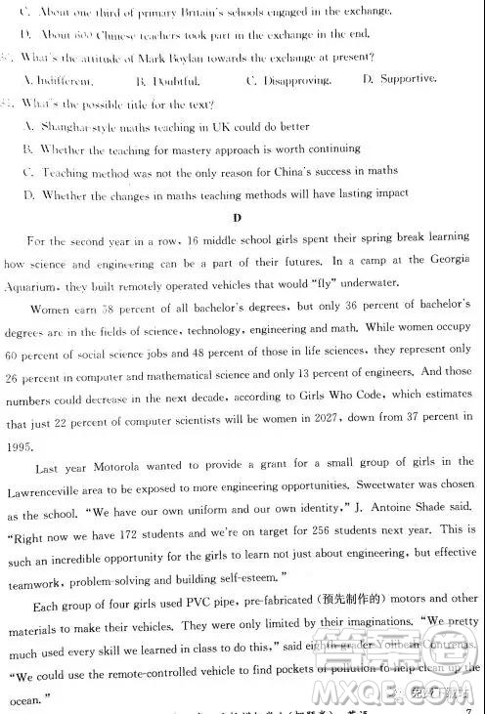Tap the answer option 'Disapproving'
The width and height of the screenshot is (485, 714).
[286, 79]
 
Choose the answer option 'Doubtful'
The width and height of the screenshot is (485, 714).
[179, 80]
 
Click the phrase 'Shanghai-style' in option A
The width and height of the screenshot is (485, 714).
[78, 126]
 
